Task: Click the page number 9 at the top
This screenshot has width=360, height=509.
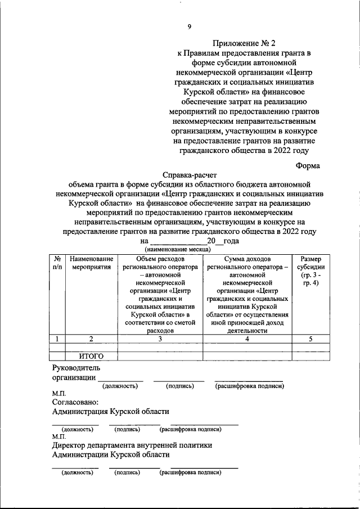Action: pyautogui.click(x=190, y=26)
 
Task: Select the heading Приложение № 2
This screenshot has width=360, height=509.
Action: pyautogui.click(x=245, y=43)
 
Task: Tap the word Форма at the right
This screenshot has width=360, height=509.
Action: pyautogui.click(x=308, y=165)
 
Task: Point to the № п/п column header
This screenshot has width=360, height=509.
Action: pyautogui.click(x=57, y=263)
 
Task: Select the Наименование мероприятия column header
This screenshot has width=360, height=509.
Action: pyautogui.click(x=92, y=263)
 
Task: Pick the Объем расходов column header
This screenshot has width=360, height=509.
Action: pyautogui.click(x=160, y=294)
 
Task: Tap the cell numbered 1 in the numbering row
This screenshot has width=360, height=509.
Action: pyautogui.click(x=57, y=339)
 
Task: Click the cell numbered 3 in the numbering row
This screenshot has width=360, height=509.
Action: pyautogui.click(x=160, y=339)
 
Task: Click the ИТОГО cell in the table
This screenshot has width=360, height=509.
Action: pyautogui.click(x=92, y=355)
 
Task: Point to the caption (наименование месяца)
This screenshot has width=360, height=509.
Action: pyautogui.click(x=178, y=249)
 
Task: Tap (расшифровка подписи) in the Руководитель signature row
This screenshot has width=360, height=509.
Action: pyautogui.click(x=249, y=386)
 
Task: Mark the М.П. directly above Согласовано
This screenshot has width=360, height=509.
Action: pyautogui.click(x=58, y=394)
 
